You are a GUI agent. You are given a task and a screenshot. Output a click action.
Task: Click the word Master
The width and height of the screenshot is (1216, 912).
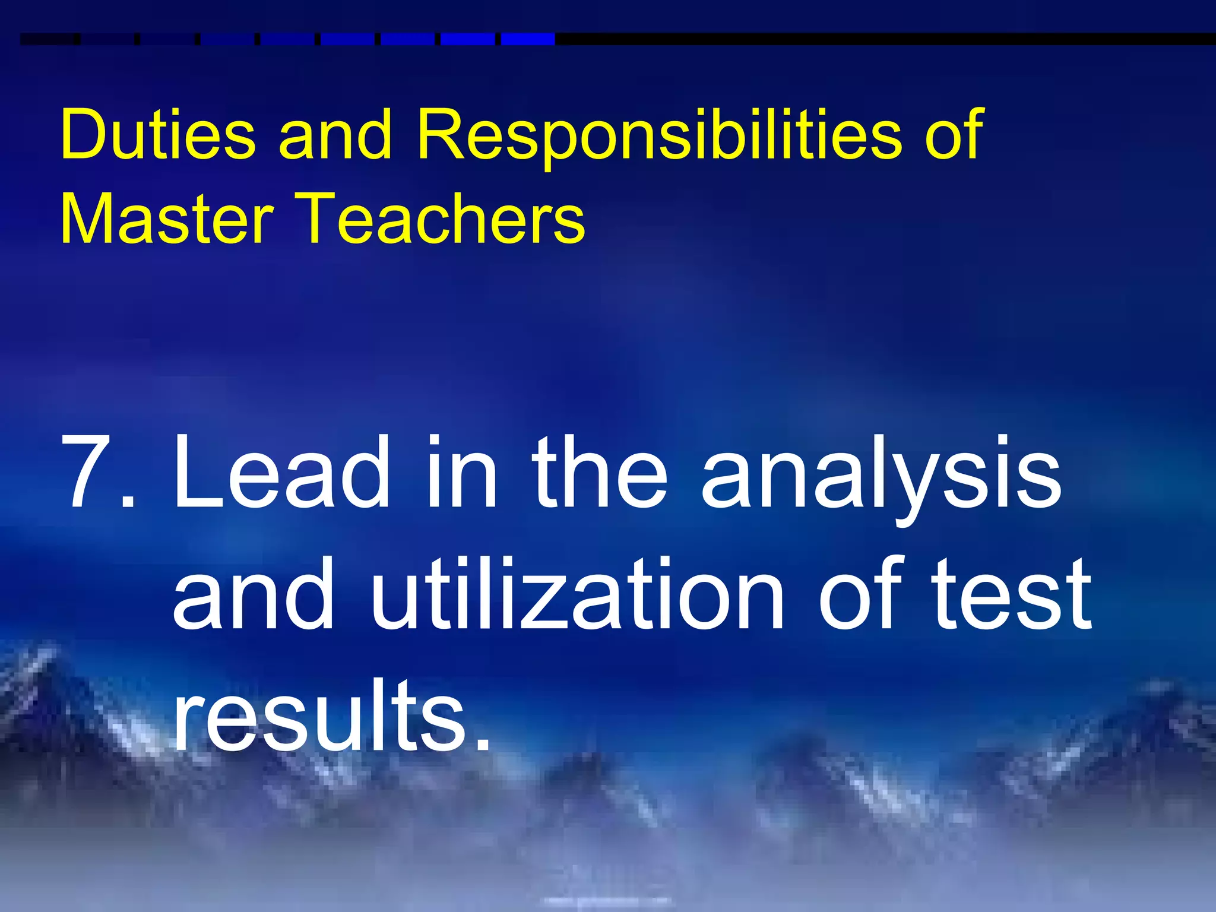click(167, 218)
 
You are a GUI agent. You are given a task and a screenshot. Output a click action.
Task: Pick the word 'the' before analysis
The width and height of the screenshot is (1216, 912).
click(600, 472)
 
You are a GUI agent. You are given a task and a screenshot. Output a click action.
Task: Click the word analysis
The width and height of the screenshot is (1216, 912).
click(881, 478)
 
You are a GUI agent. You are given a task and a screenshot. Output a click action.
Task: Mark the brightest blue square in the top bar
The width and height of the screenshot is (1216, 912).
click(528, 39)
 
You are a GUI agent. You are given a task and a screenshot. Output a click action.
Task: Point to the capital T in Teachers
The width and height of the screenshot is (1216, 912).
click(325, 218)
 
